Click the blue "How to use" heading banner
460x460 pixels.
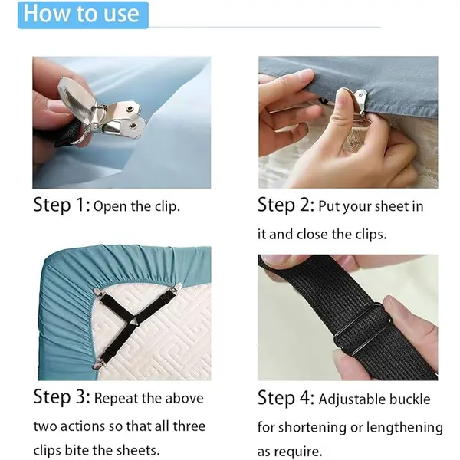point(83,15)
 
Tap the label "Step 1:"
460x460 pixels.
point(62,205)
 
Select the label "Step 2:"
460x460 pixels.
point(286,205)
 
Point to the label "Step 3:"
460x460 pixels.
point(62,396)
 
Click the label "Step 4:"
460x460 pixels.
point(286,397)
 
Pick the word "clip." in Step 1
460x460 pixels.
point(167,207)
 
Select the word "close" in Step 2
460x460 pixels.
point(312,235)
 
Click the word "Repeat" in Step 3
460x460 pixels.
point(116,399)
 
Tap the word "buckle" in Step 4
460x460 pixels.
point(410,399)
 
